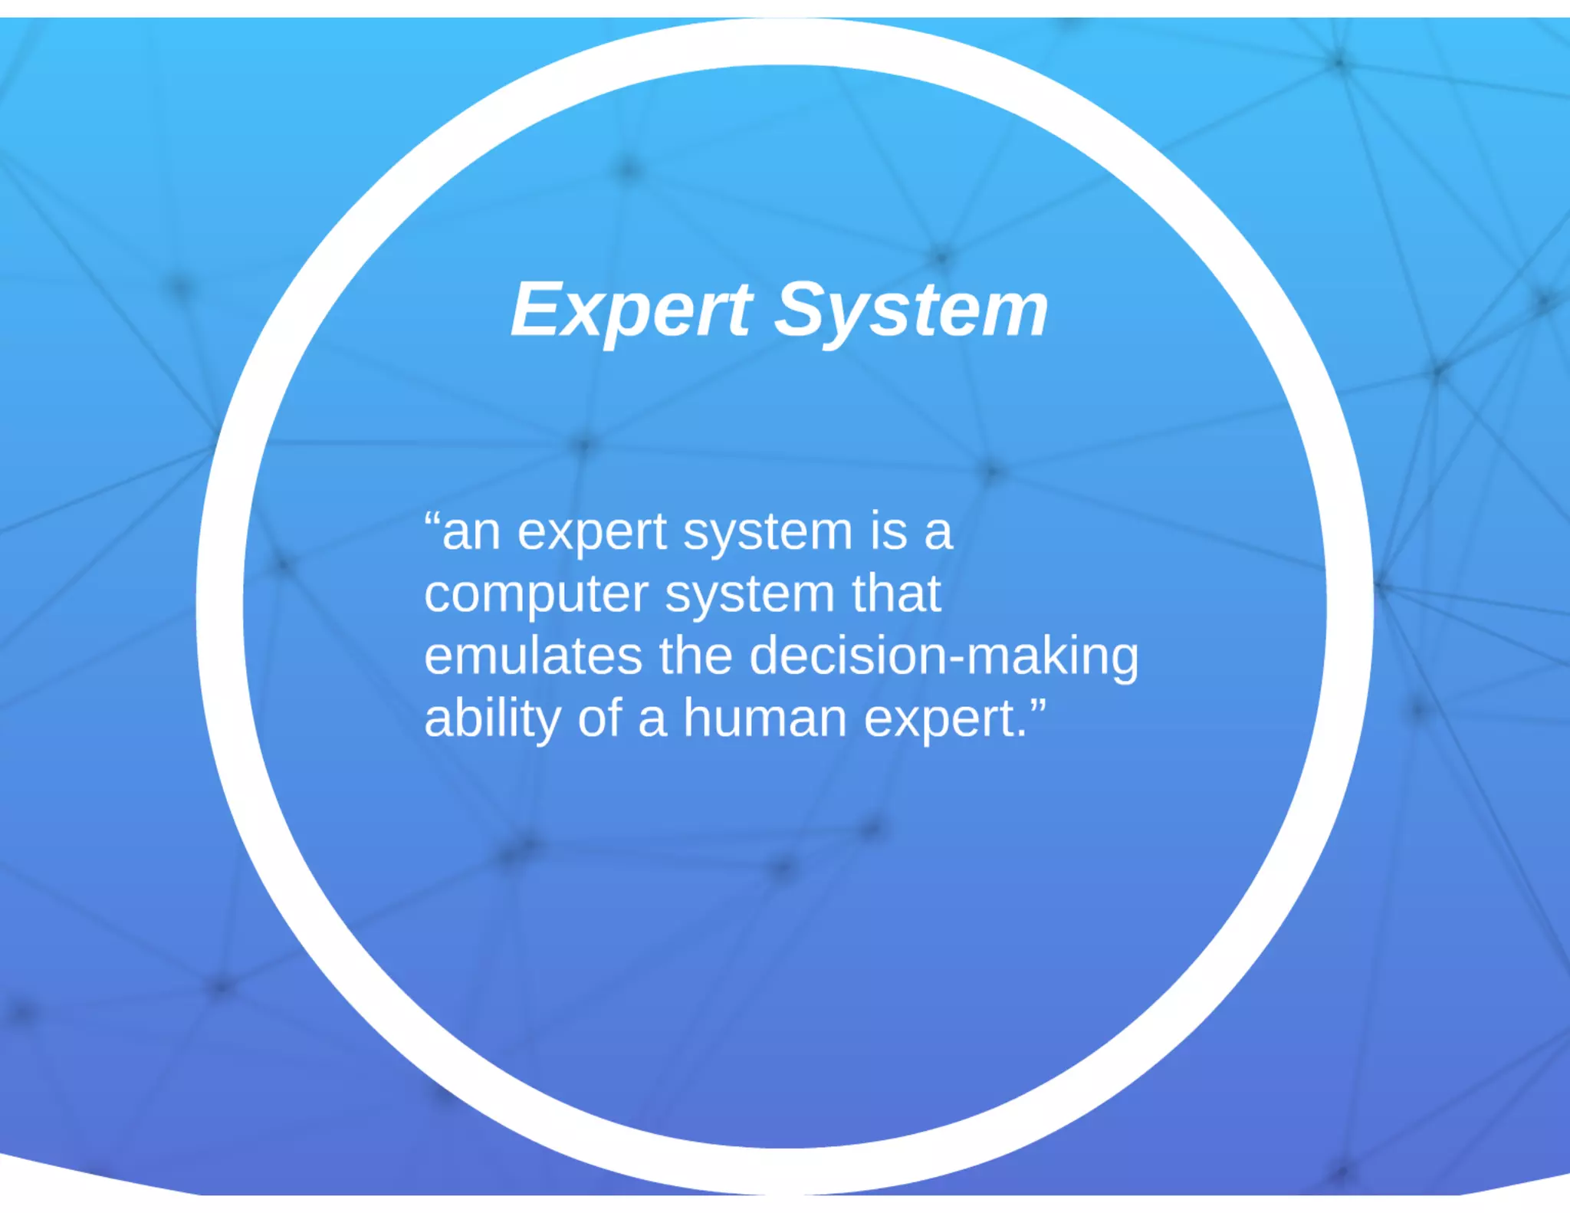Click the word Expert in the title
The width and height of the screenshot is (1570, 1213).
[x=631, y=310]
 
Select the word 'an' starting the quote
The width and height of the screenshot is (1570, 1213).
[x=471, y=532]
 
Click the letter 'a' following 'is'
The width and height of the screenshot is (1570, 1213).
[x=938, y=532]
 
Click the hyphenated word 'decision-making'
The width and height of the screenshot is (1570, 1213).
[x=944, y=657]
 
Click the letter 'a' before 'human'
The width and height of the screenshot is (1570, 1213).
[x=652, y=719]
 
